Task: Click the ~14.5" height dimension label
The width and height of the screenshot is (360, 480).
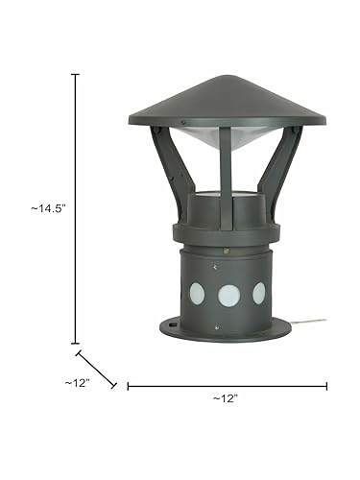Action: tap(48, 208)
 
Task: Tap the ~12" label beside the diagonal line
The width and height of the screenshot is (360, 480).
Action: tap(77, 383)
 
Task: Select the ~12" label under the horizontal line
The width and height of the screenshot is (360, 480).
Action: tap(226, 398)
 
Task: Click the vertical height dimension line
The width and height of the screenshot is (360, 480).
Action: tap(75, 208)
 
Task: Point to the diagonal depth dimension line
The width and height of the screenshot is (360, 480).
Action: tap(96, 369)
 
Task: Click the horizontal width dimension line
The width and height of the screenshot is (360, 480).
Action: tap(228, 386)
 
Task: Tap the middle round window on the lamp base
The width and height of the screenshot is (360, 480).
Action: tap(229, 296)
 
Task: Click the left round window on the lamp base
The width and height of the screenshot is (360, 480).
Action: tap(197, 294)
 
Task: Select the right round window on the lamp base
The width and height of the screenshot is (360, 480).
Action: tap(259, 293)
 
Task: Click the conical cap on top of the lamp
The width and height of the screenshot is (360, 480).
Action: tap(228, 101)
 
